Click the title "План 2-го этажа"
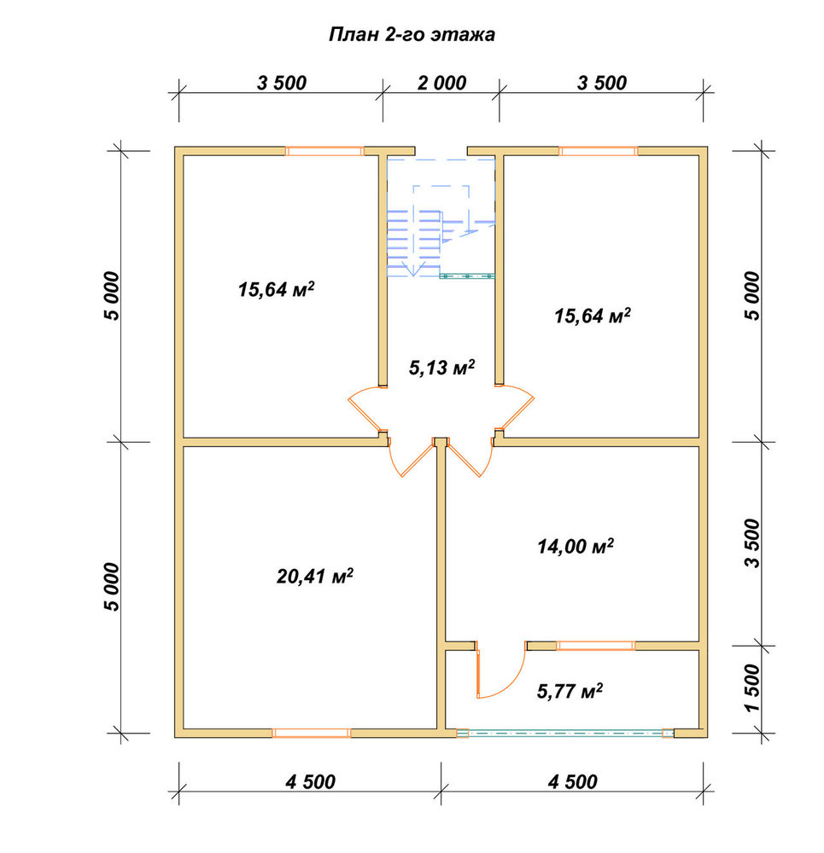(412, 35)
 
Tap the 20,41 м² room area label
(315, 576)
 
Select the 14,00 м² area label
(576, 546)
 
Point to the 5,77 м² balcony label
(570, 691)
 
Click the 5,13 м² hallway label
(441, 368)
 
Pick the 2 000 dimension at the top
(441, 83)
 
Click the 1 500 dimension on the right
(752, 688)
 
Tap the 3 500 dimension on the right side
(752, 543)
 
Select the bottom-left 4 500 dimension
(311, 781)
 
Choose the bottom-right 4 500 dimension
(572, 781)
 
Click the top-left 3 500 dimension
(282, 83)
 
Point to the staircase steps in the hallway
(413, 243)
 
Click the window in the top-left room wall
(324, 151)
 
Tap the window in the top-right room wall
(598, 151)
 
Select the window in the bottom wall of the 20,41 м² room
(311, 733)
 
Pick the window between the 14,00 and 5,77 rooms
(595, 646)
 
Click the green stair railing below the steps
(467, 276)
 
